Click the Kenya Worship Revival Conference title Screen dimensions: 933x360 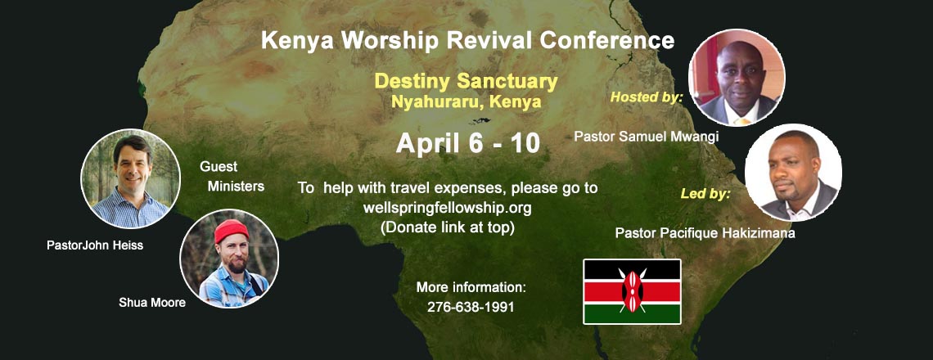click(467, 40)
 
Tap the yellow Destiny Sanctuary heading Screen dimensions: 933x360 click(466, 82)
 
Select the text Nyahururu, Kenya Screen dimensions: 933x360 click(466, 101)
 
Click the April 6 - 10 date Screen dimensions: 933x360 click(467, 143)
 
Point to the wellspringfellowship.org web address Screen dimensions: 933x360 click(447, 209)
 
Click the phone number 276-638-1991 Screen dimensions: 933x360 click(471, 308)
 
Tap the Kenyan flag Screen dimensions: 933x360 click(632, 291)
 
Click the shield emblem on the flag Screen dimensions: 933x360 click(632, 291)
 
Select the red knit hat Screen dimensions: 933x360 click(231, 231)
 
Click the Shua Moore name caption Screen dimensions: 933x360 click(152, 303)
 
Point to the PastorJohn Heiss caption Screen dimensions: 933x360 click(95, 245)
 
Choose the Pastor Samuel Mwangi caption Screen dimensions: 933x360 click(647, 137)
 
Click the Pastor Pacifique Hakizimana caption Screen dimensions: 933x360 click(705, 232)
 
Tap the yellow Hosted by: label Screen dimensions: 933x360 click(647, 97)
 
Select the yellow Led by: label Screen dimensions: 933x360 click(705, 194)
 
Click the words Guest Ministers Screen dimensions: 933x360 click(232, 177)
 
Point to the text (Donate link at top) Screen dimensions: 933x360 click(447, 227)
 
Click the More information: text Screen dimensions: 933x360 click(471, 287)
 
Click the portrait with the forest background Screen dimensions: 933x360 click(130, 178)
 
